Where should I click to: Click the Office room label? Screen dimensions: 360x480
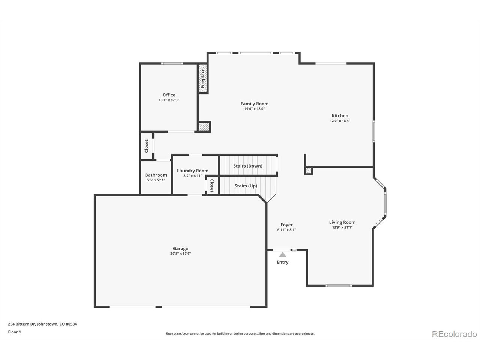tap(169, 95)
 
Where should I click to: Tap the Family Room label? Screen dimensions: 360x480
tap(255, 103)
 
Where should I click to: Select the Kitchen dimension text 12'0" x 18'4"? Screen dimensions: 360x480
tap(340, 121)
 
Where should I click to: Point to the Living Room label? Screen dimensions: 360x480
tap(342, 222)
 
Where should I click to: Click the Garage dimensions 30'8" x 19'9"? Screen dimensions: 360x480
tap(180, 253)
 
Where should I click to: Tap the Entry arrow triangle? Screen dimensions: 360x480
tap(282, 255)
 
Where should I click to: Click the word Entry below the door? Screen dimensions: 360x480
tap(283, 262)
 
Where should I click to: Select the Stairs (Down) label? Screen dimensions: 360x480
tap(248, 166)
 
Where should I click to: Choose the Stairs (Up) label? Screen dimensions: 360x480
tap(246, 186)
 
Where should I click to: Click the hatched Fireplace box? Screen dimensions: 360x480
tap(203, 79)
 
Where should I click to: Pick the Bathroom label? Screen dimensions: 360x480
tap(156, 175)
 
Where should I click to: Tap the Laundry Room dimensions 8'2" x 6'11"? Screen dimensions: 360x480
tap(193, 176)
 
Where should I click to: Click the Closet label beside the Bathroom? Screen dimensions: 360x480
tap(147, 146)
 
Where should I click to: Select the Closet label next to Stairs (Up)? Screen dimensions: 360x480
tap(212, 185)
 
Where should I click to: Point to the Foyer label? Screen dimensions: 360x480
tap(287, 225)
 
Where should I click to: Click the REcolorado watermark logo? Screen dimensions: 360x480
tap(454, 334)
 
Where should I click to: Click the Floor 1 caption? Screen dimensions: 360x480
tap(14, 331)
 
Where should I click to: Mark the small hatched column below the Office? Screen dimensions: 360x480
tap(204, 127)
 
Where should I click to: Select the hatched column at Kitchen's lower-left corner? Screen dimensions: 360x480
tap(309, 171)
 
